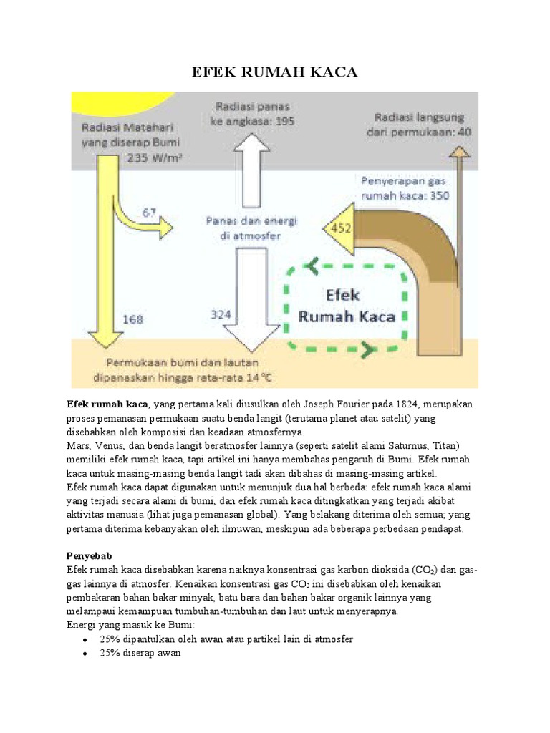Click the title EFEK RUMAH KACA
point(275,72)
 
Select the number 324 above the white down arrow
point(221,314)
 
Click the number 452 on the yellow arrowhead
point(337,230)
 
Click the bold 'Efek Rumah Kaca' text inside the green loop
point(347,306)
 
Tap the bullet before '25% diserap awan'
point(87,654)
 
